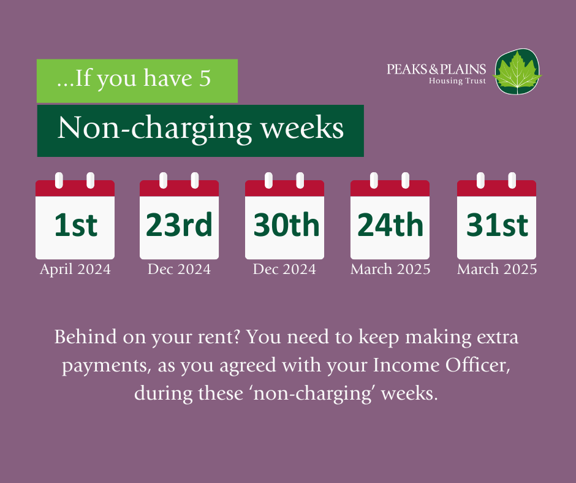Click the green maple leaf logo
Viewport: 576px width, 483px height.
point(517,72)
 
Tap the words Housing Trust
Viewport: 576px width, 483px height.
point(457,80)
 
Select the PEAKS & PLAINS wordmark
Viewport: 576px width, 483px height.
point(436,69)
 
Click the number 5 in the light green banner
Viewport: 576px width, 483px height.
point(205,78)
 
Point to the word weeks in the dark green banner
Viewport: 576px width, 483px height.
point(302,127)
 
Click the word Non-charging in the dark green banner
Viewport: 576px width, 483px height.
point(154,129)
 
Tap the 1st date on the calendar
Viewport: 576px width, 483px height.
point(75,224)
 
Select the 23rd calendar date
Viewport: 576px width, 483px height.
point(180,224)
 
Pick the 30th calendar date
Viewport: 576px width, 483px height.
point(287,224)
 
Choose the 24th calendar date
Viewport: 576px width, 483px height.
point(390,224)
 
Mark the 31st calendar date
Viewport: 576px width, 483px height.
point(497,224)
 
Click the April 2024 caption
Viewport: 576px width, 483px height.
point(75,270)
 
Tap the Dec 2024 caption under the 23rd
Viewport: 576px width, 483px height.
point(180,270)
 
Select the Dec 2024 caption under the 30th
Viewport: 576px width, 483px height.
point(284,270)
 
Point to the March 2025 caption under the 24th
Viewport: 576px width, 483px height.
point(390,270)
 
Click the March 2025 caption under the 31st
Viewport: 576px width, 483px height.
point(497,270)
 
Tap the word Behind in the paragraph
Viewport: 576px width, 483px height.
point(86,337)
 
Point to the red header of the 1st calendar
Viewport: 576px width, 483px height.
point(75,188)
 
